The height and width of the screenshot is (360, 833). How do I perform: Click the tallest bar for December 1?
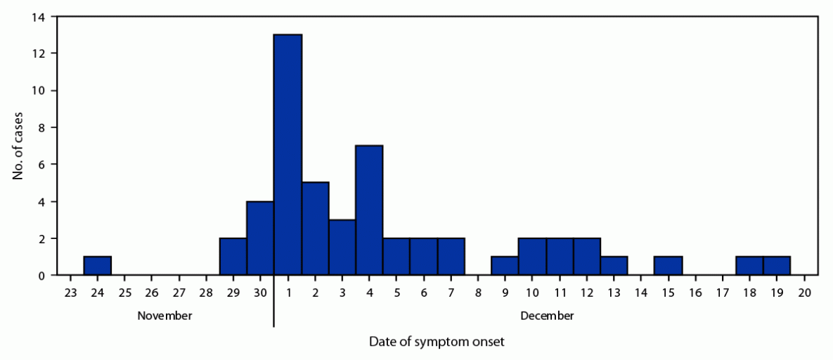288,155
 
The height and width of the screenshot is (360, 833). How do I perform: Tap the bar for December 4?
369,210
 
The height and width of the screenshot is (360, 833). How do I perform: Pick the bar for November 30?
260,238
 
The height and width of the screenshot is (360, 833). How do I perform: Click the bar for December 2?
315,229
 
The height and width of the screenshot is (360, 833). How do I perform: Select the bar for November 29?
233,257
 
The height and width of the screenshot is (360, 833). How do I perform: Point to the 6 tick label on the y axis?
42,165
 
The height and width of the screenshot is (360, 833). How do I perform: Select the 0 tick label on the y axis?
42,276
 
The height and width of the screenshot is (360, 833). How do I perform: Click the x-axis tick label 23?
70,292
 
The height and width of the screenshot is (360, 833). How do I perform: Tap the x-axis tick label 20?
805,292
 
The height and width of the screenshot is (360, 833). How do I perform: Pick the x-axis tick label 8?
478,292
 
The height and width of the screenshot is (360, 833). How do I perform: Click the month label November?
164,316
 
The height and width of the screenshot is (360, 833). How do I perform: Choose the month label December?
547,316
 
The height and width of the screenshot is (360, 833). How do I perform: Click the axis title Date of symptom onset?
437,342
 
